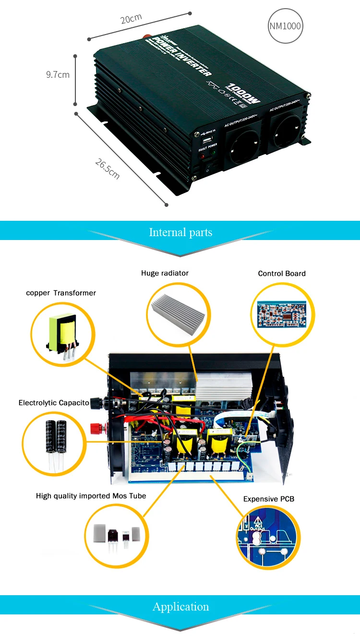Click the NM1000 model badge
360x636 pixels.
click(285, 25)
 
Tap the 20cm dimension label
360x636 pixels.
click(131, 19)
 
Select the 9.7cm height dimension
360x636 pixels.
click(58, 74)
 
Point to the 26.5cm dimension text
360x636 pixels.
click(107, 168)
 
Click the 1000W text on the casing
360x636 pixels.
click(244, 94)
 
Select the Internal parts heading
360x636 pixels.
click(180, 232)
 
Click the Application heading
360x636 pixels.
click(180, 607)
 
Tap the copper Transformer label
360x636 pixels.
click(61, 293)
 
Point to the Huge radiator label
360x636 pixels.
click(165, 273)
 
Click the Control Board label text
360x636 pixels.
click(282, 274)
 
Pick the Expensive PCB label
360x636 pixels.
click(269, 499)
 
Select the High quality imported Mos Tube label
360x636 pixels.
click(91, 496)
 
